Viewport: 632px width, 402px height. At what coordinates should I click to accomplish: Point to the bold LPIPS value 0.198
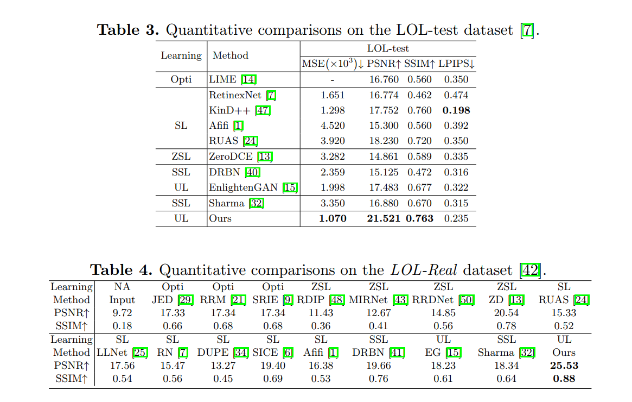point(456,110)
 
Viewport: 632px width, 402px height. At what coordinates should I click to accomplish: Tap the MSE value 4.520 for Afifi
point(333,125)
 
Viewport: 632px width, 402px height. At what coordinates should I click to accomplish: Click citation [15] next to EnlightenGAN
point(290,187)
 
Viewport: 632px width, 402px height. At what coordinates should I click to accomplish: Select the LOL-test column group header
point(388,48)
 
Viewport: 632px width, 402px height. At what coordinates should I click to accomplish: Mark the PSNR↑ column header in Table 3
point(384,64)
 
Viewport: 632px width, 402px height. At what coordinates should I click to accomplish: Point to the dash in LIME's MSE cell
point(333,80)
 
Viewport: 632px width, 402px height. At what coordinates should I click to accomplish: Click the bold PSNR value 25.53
point(564,366)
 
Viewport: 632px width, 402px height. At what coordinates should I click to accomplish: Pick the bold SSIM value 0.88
point(564,379)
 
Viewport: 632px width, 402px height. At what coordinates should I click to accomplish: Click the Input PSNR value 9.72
point(122,313)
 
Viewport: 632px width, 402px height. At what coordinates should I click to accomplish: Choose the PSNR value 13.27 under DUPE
point(223,366)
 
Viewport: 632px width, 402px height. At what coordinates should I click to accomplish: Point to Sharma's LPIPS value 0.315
point(456,203)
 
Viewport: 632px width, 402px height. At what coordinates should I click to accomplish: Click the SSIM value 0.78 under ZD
point(507,326)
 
